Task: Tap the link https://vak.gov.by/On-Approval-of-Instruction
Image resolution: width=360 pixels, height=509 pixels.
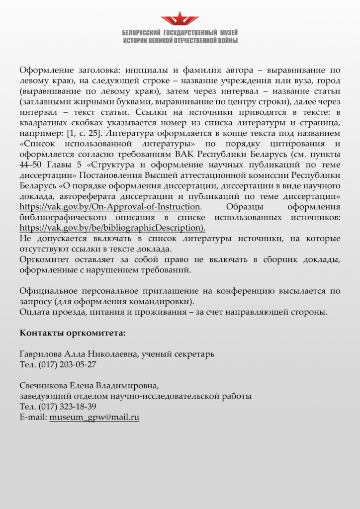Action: (x=110, y=207)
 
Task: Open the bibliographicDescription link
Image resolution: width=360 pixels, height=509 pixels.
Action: (x=112, y=228)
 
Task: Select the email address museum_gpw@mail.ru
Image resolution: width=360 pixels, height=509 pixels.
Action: (x=94, y=418)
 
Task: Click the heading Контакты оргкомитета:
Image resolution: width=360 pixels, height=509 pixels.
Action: (x=73, y=332)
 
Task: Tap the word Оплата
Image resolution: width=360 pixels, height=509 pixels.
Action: (x=33, y=312)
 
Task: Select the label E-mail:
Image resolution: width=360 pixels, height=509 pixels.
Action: (x=33, y=418)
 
